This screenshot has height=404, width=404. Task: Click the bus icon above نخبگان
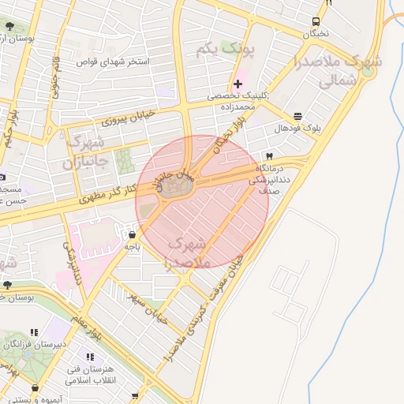coord(316,21)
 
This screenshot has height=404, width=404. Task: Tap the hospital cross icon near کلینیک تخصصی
coord(238,83)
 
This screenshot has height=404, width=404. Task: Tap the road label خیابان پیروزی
coord(129,118)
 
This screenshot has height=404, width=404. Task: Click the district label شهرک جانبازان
coord(86,152)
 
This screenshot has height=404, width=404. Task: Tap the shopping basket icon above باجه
coord(131,234)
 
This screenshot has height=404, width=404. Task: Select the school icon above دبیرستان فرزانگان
coord(33,333)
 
